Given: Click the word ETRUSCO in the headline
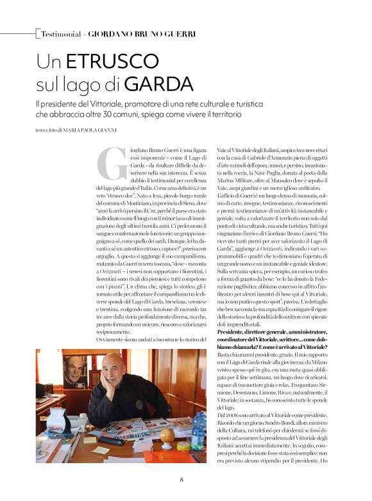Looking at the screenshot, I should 104,62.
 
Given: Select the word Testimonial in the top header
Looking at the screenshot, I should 61,33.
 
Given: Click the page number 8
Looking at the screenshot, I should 182,479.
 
